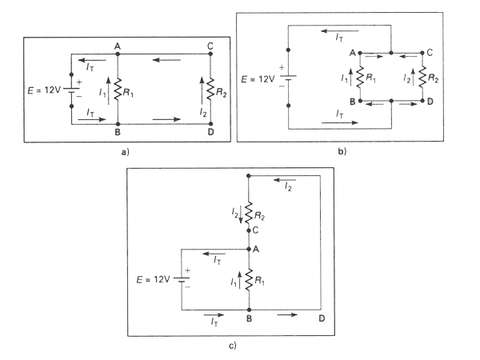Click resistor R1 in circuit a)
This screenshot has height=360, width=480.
(117, 92)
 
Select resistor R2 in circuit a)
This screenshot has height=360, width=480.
(210, 92)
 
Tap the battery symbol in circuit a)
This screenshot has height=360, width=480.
(71, 92)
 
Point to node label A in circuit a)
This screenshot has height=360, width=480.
(117, 46)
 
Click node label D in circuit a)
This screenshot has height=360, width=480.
(210, 133)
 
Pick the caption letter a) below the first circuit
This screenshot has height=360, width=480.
(118, 149)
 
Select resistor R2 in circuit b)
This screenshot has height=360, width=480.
(422, 78)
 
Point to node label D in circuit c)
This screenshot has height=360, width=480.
(321, 319)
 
